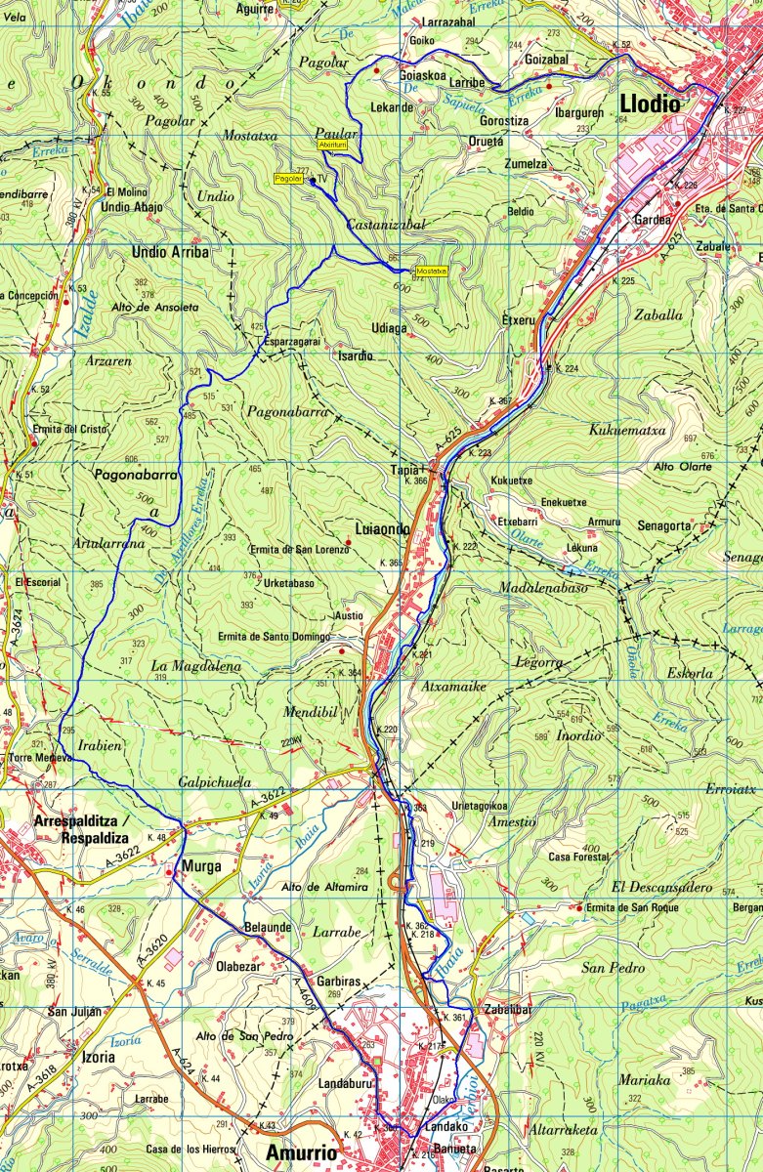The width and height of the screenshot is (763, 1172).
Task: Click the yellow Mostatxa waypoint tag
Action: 431,271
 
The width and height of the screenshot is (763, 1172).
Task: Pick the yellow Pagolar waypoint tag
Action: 288,179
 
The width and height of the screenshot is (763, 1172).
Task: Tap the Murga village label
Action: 199,865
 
